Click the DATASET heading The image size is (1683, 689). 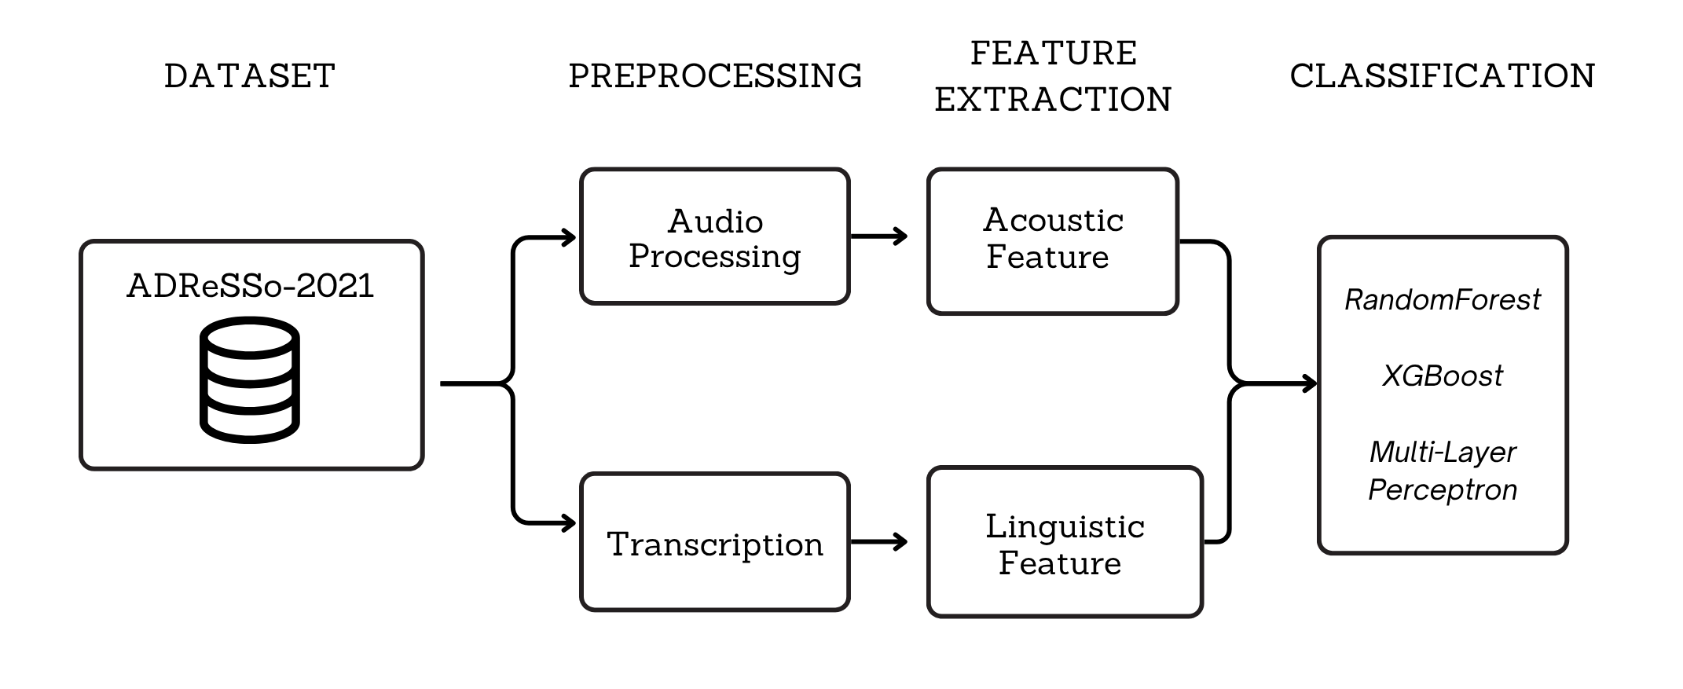click(250, 76)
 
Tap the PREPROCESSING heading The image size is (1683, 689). click(715, 76)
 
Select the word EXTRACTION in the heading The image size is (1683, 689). click(1053, 100)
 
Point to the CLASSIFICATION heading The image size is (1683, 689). click(1442, 76)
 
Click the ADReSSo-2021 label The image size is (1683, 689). click(251, 286)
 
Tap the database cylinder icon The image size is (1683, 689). click(250, 380)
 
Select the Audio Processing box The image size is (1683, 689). click(715, 236)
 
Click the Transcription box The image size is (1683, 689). click(715, 543)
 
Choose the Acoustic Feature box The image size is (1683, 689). click(1053, 241)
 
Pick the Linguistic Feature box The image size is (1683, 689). click(1065, 543)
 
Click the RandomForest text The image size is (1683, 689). click(1443, 300)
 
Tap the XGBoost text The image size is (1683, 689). click(1443, 376)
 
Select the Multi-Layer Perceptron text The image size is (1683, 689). click(1443, 471)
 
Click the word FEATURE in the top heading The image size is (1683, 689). click(1053, 53)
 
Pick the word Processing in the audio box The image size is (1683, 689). click(715, 257)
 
